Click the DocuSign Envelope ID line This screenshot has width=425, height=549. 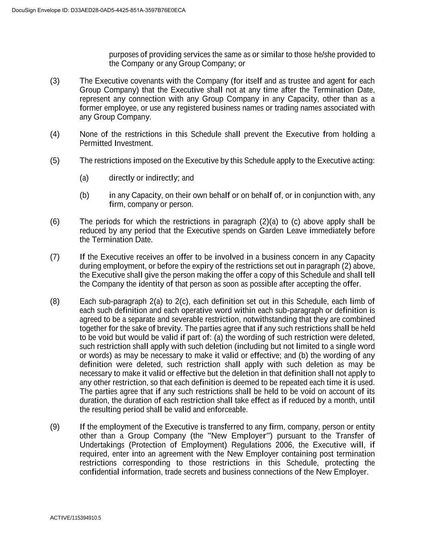click(99, 10)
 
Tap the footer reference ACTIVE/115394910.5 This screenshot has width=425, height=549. click(75, 518)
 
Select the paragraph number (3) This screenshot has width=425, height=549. click(55, 81)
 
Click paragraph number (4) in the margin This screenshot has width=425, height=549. click(55, 134)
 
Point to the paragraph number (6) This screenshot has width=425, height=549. click(55, 222)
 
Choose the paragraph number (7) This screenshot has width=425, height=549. click(55, 257)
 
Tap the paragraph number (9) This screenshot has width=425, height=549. click(55, 427)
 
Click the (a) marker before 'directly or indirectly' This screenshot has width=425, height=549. click(84, 178)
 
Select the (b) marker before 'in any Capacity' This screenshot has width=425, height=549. click(84, 195)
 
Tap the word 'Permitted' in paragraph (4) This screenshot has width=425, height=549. click(95, 143)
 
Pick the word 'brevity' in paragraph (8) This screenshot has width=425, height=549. click(168, 328)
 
